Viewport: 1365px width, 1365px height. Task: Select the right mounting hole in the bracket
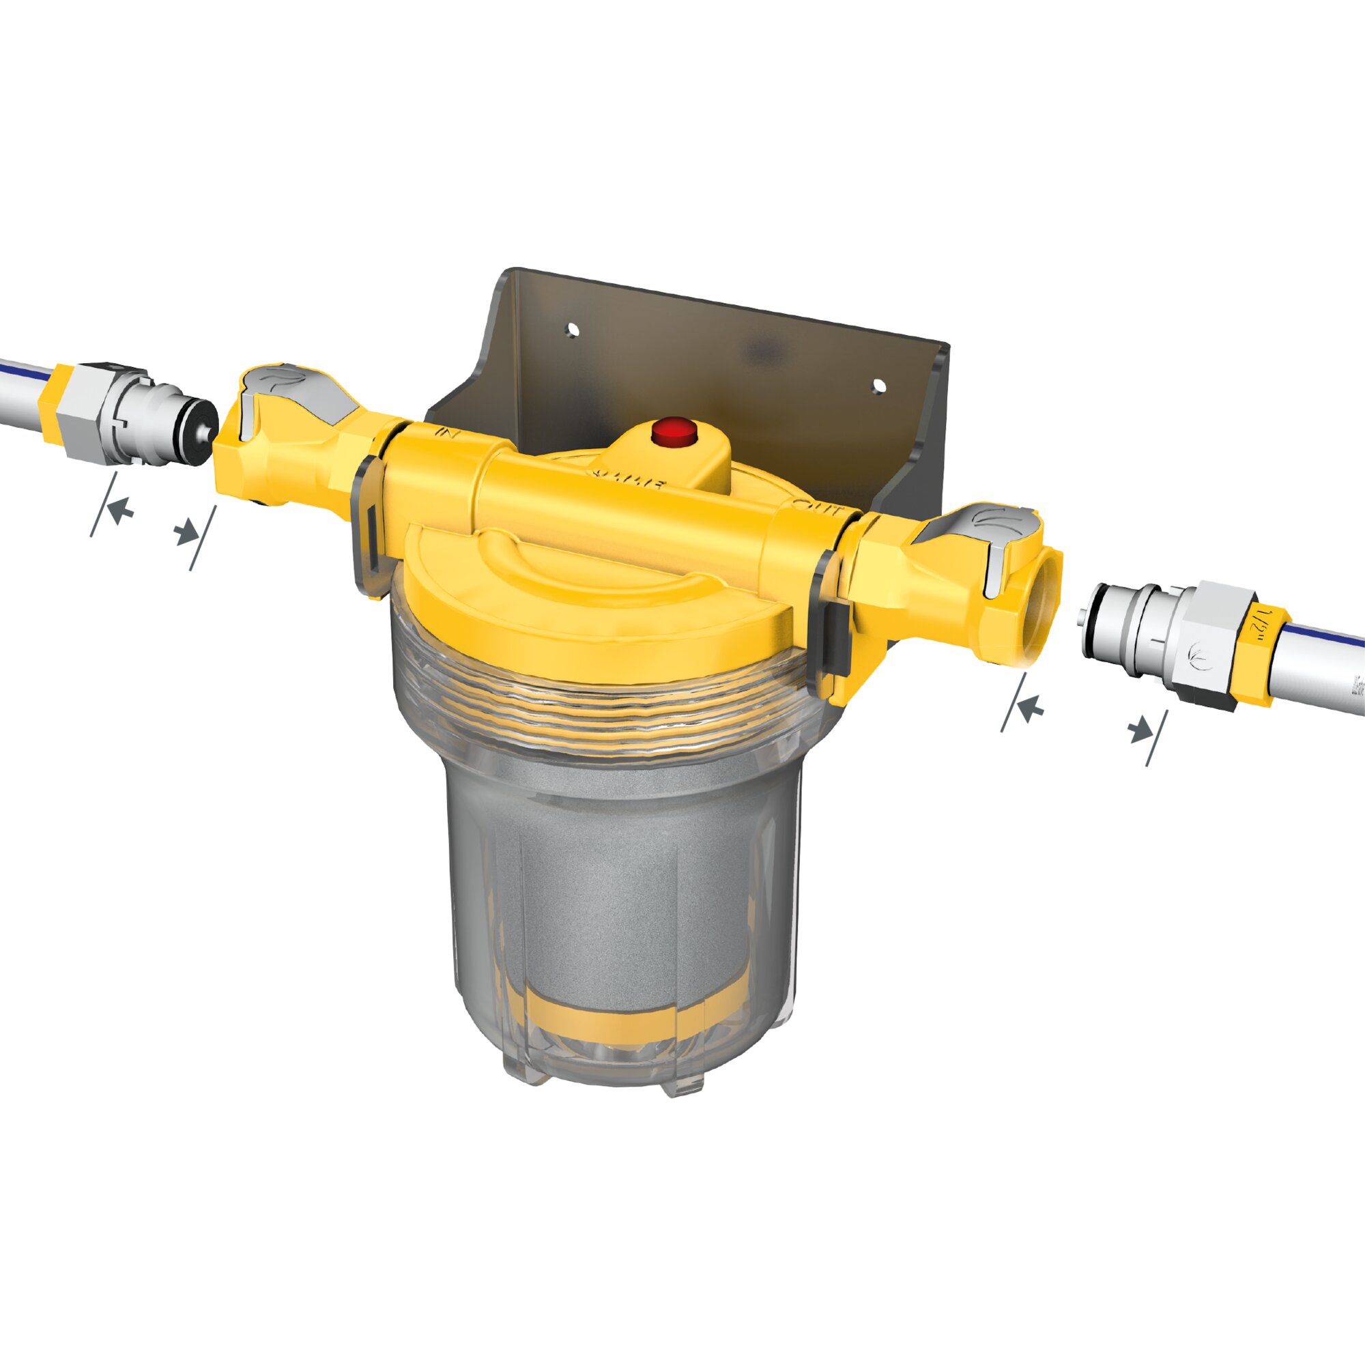pyautogui.click(x=878, y=386)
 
